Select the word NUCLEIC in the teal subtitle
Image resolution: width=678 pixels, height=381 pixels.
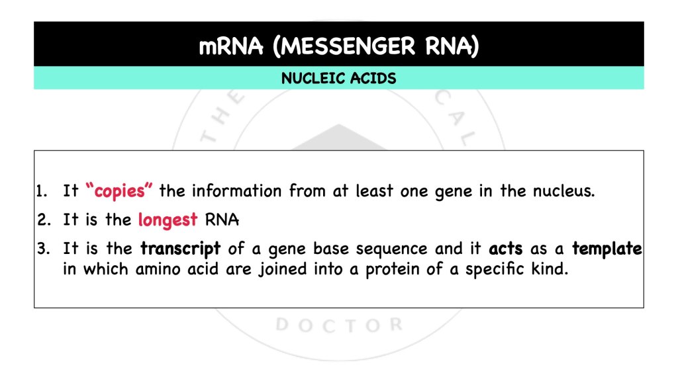(x=311, y=79)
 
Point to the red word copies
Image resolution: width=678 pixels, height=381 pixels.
(x=119, y=192)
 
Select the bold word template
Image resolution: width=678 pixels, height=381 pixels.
(x=607, y=249)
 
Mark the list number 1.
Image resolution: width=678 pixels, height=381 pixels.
(x=40, y=192)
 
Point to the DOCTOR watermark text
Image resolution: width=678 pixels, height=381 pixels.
(x=338, y=325)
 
